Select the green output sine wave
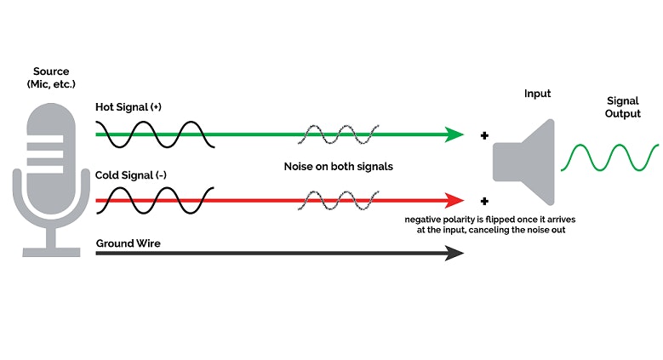tap(609, 158)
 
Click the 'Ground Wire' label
tap(128, 243)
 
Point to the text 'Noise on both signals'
tap(338, 167)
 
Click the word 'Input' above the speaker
tap(537, 93)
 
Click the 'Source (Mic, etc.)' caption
tap(51, 77)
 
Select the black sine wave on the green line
tap(154, 134)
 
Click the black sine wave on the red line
tap(154, 202)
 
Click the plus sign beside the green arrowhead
tap(484, 134)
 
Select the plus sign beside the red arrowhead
tap(484, 202)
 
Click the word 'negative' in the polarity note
tap(425, 219)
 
